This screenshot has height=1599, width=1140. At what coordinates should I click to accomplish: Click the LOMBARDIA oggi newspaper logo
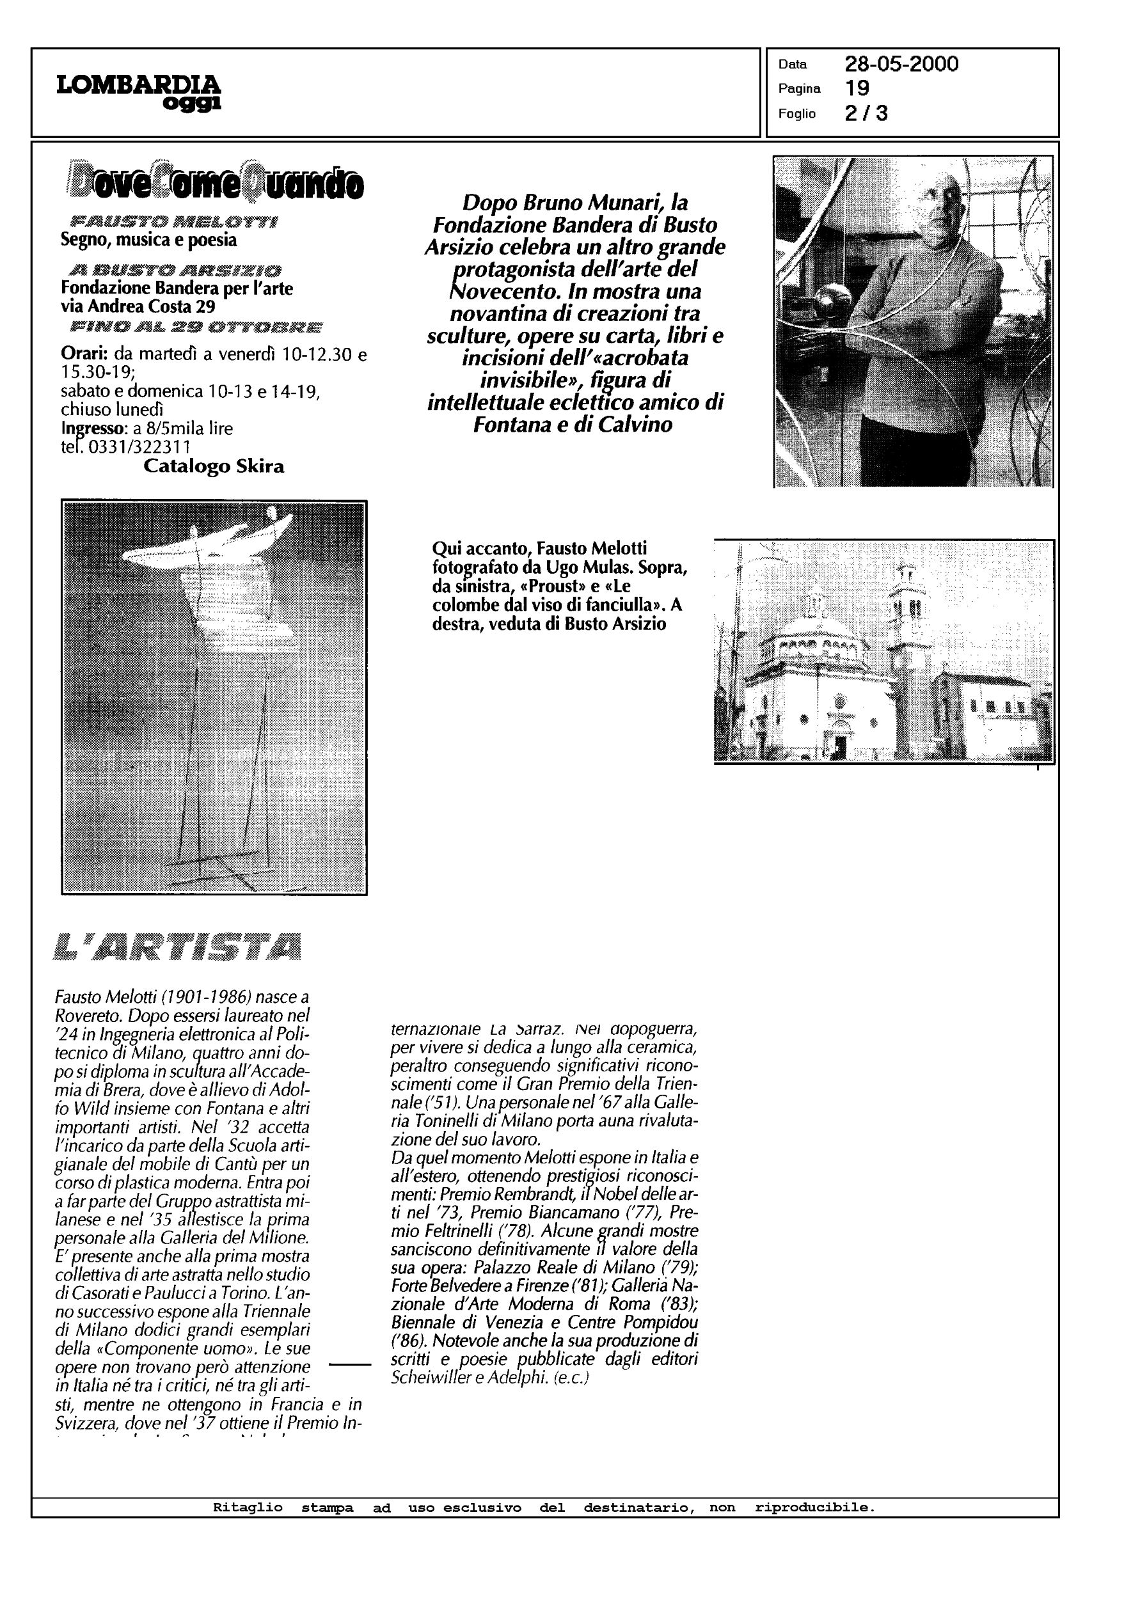(x=138, y=92)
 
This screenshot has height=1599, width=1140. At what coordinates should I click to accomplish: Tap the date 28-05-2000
(x=901, y=65)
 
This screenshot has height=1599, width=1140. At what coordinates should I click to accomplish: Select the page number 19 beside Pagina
(x=857, y=88)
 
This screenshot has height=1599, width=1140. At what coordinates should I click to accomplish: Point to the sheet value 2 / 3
(x=866, y=113)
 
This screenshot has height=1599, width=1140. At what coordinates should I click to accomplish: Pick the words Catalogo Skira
(x=214, y=466)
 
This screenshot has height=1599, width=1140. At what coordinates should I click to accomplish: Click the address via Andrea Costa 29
(x=138, y=306)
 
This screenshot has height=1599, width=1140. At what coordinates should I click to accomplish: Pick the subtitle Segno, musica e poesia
(x=149, y=240)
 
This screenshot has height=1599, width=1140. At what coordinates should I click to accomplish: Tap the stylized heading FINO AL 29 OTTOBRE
(x=196, y=327)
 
